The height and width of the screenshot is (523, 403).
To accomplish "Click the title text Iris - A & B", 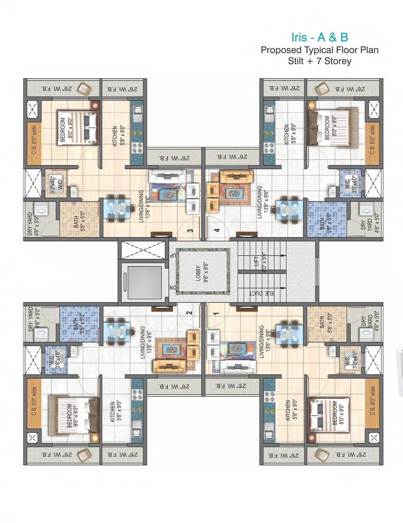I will [x=318, y=37].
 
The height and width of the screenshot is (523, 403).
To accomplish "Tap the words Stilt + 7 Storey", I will [x=319, y=61].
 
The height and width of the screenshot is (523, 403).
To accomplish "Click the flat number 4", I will [x=217, y=231].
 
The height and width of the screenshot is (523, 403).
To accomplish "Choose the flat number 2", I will [x=188, y=313].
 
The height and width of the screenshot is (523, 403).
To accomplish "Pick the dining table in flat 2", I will [x=116, y=329].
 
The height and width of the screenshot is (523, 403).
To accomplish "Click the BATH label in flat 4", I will [x=322, y=221].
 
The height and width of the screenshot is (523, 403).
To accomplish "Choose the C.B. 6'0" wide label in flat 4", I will [x=373, y=138].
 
